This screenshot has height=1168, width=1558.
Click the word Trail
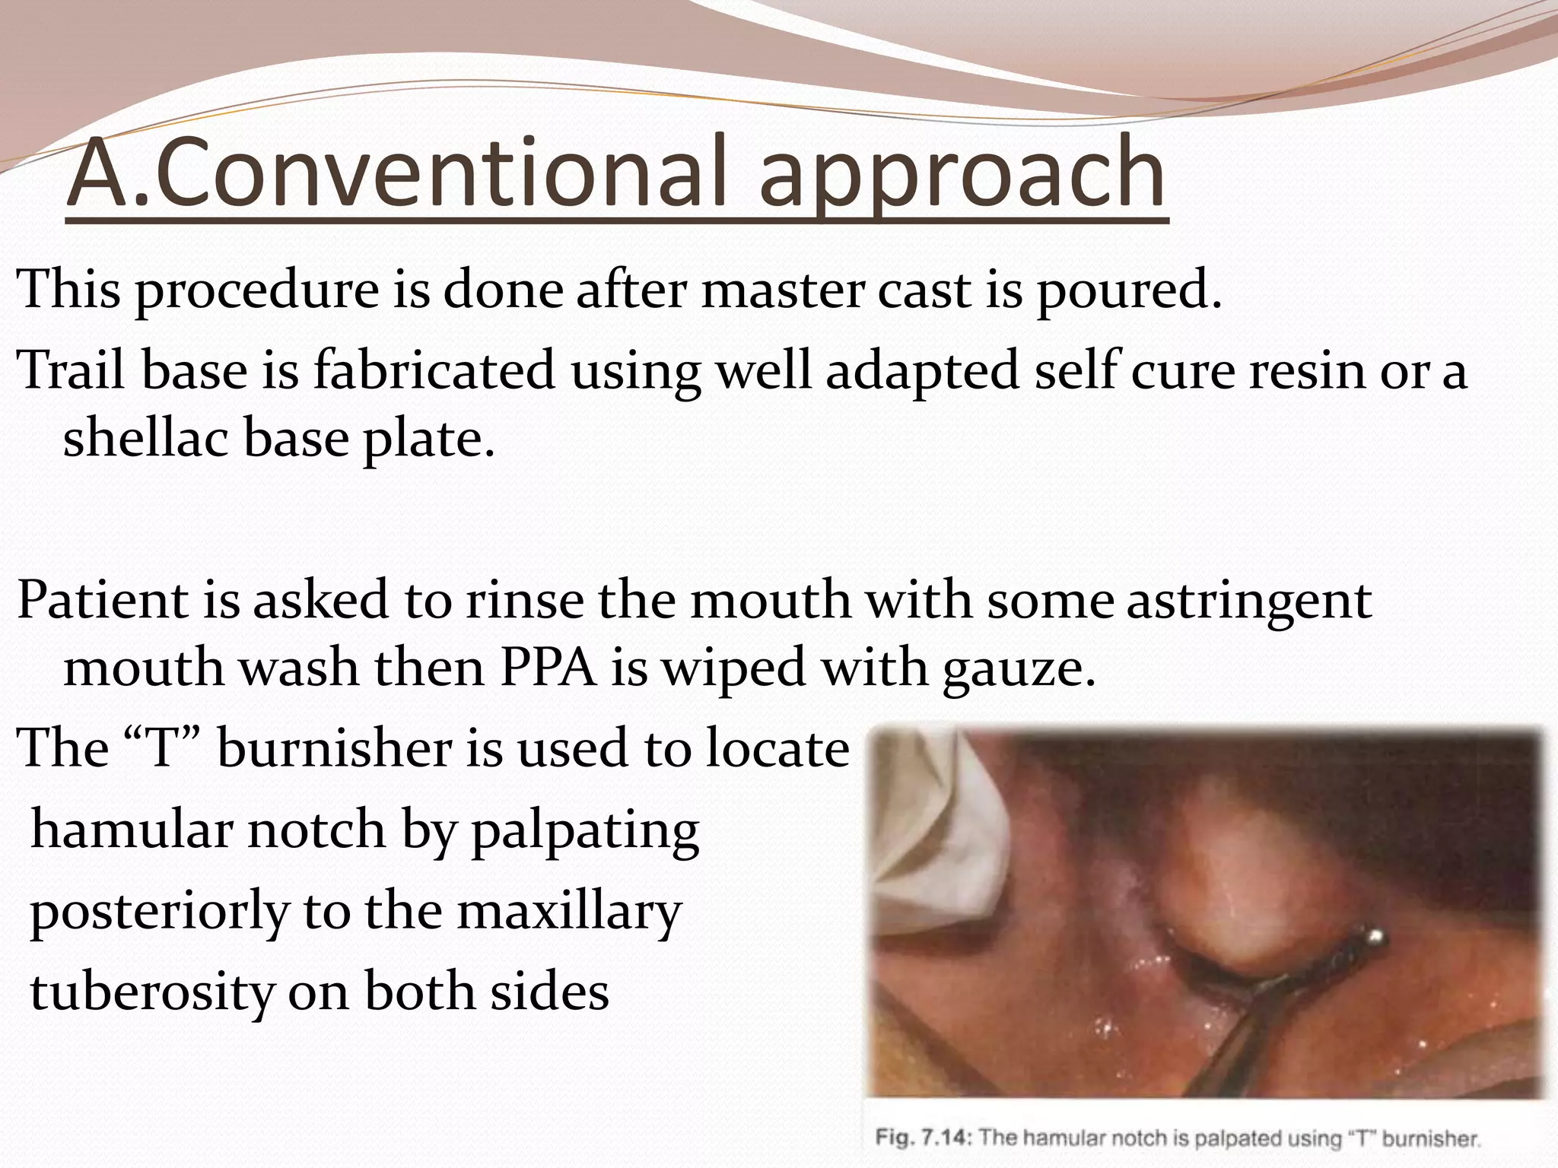(73, 370)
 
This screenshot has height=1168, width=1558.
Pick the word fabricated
(434, 370)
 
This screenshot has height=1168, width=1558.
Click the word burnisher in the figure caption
(1430, 1139)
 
